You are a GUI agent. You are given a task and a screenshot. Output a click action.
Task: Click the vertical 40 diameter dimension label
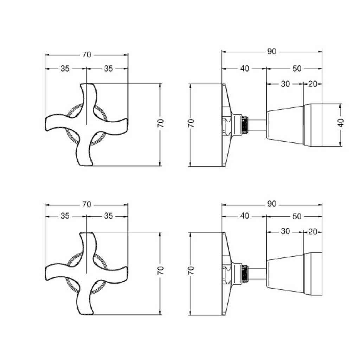click(341, 123)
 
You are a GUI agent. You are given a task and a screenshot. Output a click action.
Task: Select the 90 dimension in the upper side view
click(271, 51)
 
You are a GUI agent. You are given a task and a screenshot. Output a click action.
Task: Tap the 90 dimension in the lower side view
click(271, 204)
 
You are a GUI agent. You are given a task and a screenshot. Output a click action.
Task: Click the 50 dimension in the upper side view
click(297, 69)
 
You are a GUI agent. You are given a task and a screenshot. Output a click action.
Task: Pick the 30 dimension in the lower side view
click(285, 231)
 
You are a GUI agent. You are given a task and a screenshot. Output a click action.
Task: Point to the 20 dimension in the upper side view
click(313, 84)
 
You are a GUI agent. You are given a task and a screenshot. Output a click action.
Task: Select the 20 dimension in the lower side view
click(313, 231)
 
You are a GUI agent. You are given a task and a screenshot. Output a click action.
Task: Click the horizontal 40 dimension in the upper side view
click(245, 69)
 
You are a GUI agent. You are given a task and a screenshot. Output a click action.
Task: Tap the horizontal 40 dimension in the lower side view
click(245, 216)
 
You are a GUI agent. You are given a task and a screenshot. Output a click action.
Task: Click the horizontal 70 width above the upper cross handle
click(86, 55)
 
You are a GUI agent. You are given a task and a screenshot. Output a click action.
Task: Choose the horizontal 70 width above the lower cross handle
click(86, 205)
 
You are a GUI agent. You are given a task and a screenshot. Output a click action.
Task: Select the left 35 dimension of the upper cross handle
click(65, 69)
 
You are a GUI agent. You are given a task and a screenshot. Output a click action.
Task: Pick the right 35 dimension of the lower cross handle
click(108, 216)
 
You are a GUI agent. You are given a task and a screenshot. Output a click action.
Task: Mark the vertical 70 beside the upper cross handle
click(161, 123)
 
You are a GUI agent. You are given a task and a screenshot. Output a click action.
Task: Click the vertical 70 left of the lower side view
click(190, 270)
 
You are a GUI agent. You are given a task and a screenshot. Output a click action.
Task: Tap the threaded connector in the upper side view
click(245, 125)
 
